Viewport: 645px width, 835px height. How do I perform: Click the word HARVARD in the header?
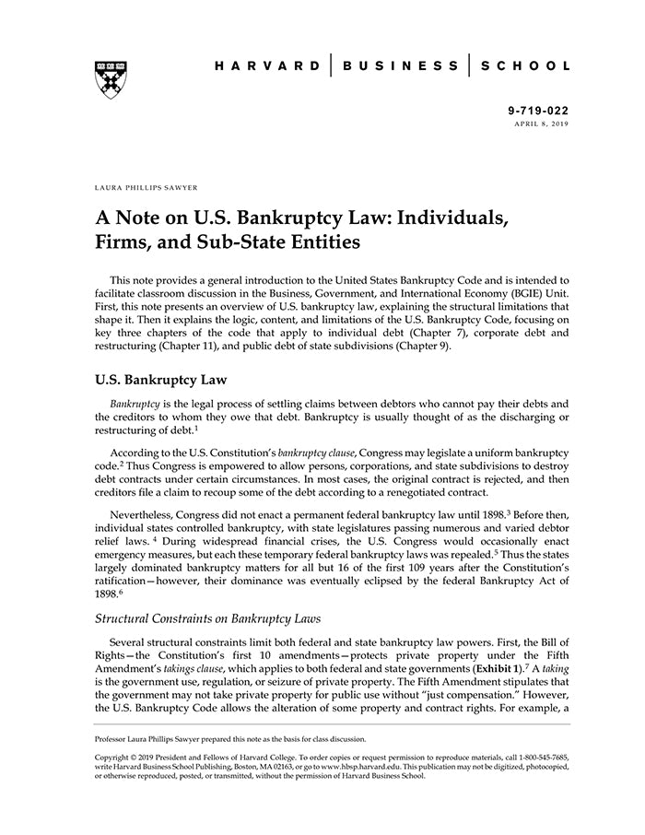[265, 66]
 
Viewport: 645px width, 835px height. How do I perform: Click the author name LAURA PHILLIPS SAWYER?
[147, 186]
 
